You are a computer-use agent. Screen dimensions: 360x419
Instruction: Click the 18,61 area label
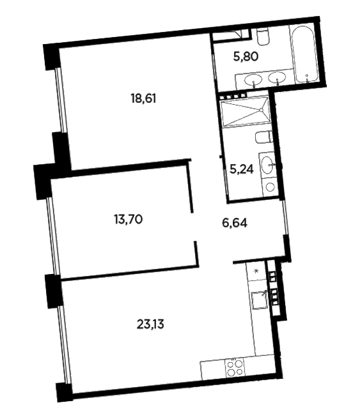click(143, 99)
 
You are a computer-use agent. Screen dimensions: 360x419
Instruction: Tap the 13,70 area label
click(128, 220)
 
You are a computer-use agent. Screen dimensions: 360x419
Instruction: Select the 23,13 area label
click(150, 324)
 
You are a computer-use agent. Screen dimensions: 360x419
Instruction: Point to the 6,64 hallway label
click(235, 222)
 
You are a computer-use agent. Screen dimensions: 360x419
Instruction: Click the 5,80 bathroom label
click(246, 57)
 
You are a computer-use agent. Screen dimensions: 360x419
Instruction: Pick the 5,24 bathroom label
click(242, 169)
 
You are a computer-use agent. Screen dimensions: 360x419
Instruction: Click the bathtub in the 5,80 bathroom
click(304, 54)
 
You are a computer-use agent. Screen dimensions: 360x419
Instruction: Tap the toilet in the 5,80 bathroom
click(262, 37)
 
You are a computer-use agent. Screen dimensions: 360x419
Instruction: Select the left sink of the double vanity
click(253, 79)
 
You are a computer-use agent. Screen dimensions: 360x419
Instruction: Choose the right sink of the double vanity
click(277, 78)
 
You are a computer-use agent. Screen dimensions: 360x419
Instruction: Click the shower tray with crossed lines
click(245, 111)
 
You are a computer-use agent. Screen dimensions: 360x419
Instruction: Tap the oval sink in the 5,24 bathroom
click(268, 165)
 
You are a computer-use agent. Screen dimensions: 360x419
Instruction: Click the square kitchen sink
click(259, 300)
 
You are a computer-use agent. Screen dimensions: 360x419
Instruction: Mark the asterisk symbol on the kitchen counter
click(256, 271)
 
